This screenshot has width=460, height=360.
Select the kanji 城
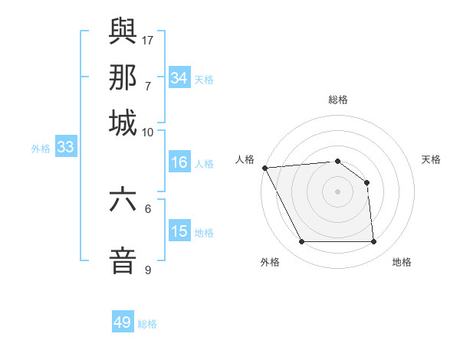(123, 123)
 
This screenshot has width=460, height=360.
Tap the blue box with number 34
(179, 78)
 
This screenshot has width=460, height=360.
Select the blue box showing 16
(179, 162)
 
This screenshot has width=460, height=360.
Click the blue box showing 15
(179, 231)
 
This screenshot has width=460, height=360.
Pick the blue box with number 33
(65, 148)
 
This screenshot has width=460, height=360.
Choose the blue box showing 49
(123, 322)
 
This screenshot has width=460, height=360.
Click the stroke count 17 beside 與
(149, 39)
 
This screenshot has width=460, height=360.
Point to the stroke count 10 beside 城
(149, 132)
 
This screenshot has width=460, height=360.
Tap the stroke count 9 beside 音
(148, 270)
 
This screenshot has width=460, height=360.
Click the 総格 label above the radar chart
(337, 100)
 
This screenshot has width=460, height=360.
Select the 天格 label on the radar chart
(431, 159)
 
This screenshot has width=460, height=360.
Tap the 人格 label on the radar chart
(245, 159)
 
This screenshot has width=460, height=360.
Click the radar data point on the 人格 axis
(264, 168)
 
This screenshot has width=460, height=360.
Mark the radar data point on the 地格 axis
(373, 242)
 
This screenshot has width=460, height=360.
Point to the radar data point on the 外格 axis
(301, 242)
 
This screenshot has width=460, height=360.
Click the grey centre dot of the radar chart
(337, 191)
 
